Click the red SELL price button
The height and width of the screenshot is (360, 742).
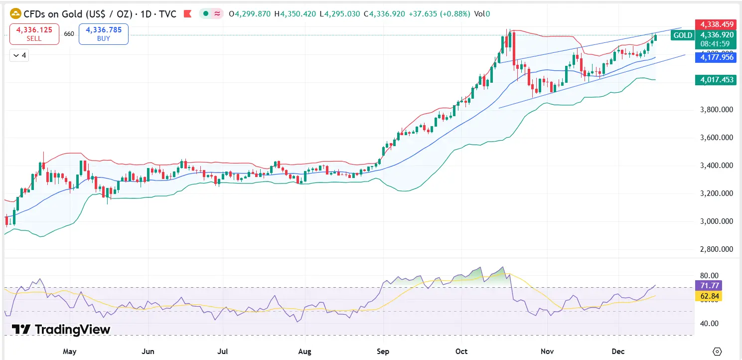click(x=34, y=34)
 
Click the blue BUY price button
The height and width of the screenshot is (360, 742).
click(x=104, y=34)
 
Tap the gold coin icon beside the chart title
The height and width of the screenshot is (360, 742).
click(x=16, y=14)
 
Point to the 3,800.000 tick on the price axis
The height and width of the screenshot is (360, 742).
click(x=715, y=110)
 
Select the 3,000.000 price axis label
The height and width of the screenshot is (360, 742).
click(x=715, y=221)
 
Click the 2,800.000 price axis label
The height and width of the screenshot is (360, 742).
click(x=715, y=249)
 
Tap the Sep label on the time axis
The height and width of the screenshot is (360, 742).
click(x=383, y=352)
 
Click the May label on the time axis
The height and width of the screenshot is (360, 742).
click(x=70, y=352)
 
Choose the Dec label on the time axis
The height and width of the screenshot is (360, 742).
click(x=618, y=352)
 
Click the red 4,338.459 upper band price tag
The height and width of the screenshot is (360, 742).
click(x=715, y=24)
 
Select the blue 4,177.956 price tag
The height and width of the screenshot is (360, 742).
click(x=715, y=57)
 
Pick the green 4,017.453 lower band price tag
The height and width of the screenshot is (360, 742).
click(x=715, y=79)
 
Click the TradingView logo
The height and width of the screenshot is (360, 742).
click(x=61, y=329)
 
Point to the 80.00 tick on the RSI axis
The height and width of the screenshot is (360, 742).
click(x=709, y=276)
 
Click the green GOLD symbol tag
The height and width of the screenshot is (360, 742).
click(x=683, y=35)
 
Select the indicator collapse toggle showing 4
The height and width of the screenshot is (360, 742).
click(x=20, y=55)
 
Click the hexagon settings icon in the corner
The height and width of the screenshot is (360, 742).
click(x=718, y=351)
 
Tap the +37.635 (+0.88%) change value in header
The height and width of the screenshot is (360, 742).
click(x=439, y=14)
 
